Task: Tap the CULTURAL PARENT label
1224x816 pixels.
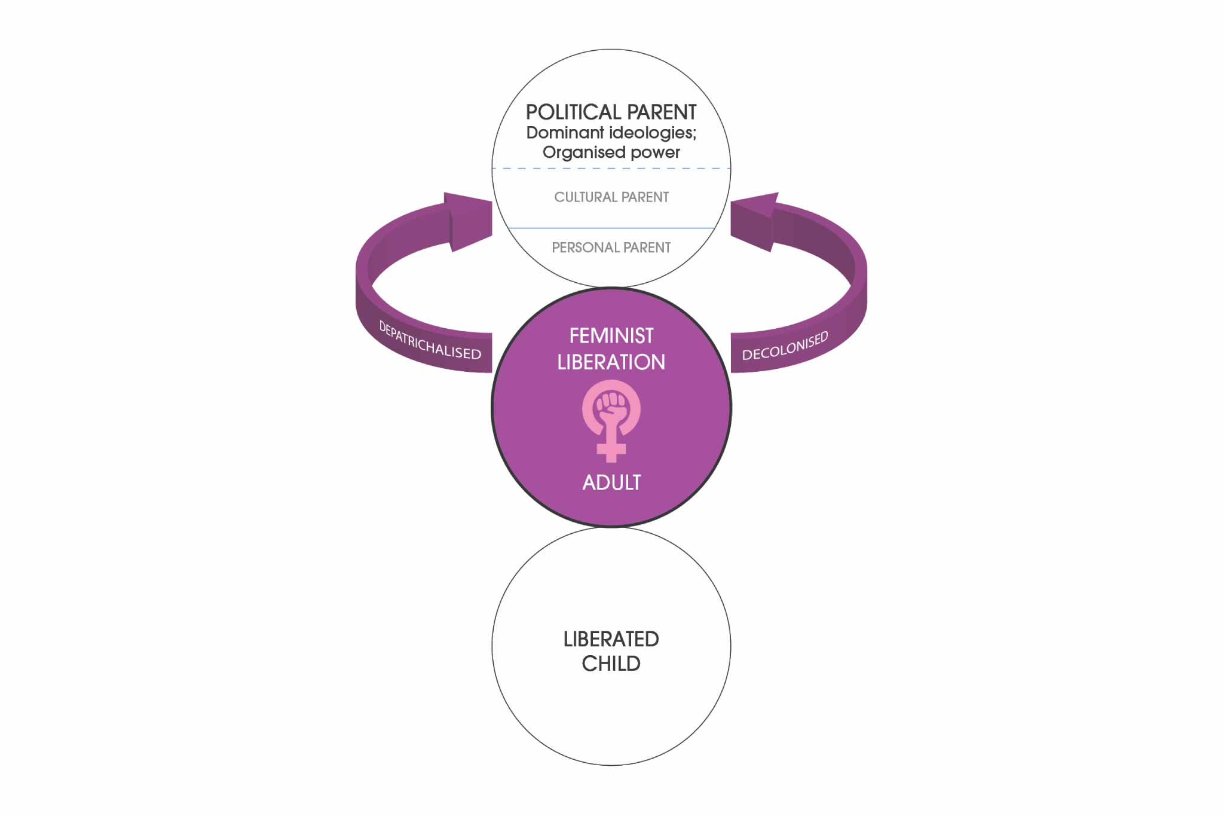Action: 611,197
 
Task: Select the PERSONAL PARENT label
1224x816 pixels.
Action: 611,247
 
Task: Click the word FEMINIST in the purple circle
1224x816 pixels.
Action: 611,336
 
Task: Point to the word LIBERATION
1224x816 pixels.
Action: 611,362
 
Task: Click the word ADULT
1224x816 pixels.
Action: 611,482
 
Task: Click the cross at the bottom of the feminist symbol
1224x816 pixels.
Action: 611,450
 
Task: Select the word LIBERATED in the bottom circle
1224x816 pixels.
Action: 611,639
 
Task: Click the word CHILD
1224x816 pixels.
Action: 611,664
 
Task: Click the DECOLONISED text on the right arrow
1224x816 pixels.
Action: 785,346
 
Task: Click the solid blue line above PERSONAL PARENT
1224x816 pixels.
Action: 611,228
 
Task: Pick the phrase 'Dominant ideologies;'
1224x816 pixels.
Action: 611,133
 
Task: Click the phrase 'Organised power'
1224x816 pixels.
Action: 611,152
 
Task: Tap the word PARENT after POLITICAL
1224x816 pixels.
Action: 662,112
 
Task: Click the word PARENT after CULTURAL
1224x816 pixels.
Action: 645,197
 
